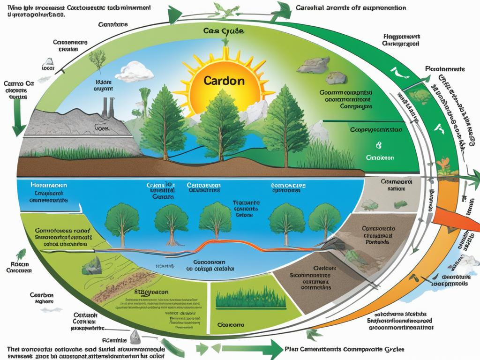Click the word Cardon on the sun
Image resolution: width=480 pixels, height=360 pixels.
[224, 80]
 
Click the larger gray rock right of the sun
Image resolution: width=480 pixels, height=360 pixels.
[313, 66]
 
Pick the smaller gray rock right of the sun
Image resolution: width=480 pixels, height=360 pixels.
[336, 77]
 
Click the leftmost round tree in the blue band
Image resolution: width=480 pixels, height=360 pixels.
[121, 220]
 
